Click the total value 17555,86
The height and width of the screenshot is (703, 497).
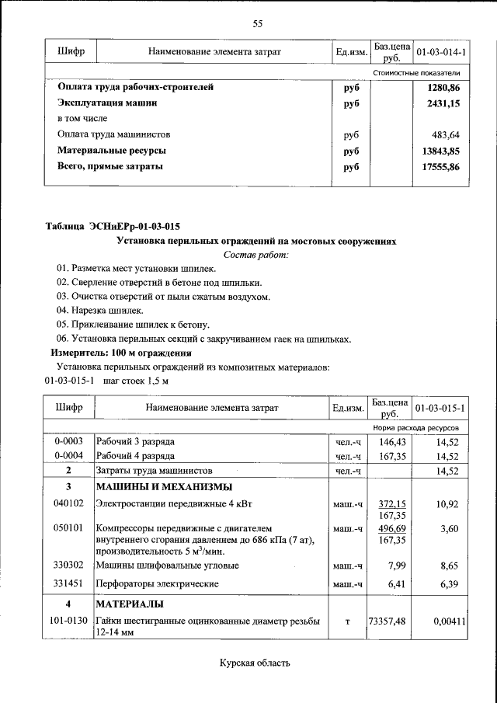(440, 166)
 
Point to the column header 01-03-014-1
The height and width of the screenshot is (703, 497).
(440, 52)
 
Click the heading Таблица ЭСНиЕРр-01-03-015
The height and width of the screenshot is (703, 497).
(113, 227)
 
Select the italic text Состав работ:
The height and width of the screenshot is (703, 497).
(255, 254)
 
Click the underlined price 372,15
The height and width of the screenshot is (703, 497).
(392, 503)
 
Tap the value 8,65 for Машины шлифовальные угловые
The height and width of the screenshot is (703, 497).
(448, 566)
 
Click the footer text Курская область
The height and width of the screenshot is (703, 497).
(255, 663)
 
